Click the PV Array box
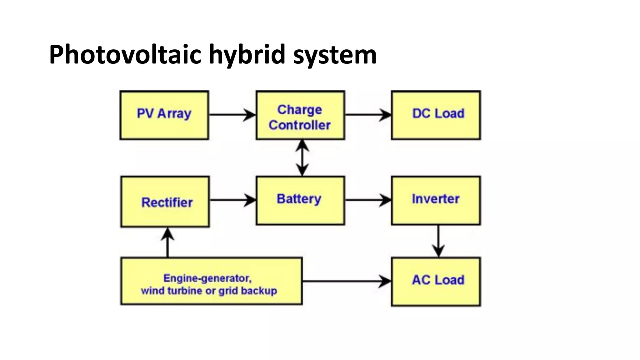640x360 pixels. (164, 115)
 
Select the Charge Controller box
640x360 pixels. (300, 115)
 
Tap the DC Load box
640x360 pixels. (436, 115)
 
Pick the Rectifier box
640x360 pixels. (165, 202)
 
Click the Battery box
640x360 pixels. (300, 200)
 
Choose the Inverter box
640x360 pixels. (436, 200)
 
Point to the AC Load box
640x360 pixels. (436, 282)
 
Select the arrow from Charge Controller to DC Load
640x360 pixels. (367, 115)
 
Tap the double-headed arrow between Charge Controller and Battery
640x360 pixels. (302, 158)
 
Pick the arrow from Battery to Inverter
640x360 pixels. (367, 200)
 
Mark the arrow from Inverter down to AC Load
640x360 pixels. (438, 241)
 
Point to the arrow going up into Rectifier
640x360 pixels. (167, 242)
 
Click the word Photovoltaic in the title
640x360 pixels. (125, 55)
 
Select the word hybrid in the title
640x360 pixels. (247, 55)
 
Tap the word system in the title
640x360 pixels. (335, 55)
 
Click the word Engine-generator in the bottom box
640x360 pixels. (207, 278)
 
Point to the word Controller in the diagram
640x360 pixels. (299, 125)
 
